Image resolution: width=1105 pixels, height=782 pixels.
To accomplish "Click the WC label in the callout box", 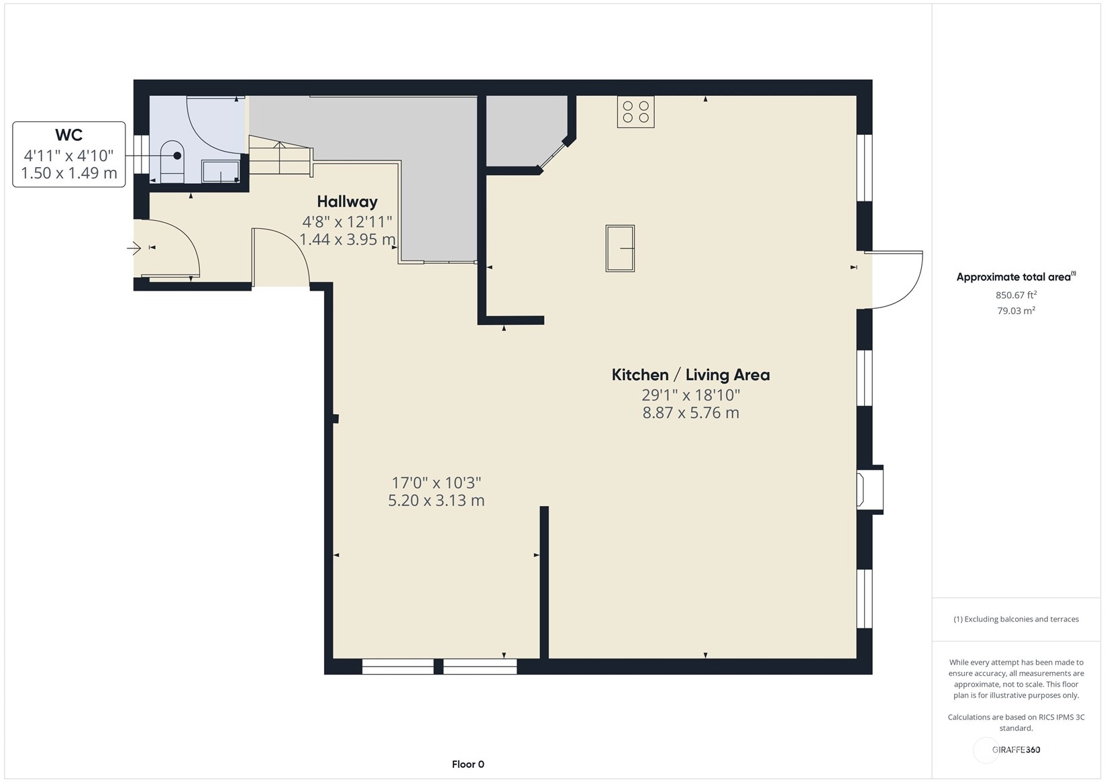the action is pos(68,135).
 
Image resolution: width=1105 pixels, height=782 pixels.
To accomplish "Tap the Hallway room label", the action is pos(348,201).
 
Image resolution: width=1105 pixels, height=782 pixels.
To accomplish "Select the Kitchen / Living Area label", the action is pos(690,375).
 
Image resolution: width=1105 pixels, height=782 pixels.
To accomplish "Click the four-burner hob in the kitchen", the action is pos(635,112).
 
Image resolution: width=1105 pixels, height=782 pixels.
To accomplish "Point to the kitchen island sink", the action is pos(620,248).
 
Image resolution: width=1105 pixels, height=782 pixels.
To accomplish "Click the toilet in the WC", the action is pos(172,162).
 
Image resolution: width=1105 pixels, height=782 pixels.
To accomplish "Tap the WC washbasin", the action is pos(221,170).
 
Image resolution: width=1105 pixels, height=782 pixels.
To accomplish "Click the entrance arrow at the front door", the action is pos(134,247).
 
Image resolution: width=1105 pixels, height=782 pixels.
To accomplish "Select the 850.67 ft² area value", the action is pos(1016,295).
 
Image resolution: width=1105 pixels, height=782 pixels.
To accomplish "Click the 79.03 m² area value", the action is pos(1016,311).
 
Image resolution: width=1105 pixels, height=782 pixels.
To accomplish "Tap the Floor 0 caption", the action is pos(468,765).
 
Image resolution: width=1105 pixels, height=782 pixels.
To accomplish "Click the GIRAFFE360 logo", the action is pos(1016,749).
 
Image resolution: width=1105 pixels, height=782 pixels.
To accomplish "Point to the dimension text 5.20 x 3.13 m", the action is pos(436,500).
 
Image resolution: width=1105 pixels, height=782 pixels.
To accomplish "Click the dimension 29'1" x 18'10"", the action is pos(690,395).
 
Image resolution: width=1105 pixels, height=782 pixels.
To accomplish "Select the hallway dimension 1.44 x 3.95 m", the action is pos(348,240).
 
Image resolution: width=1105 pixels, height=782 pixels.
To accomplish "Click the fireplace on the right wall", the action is pos(869,490).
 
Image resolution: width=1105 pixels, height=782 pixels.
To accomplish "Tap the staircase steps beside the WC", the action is pos(280,155).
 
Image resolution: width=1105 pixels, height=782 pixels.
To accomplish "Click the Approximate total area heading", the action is pos(1016,277).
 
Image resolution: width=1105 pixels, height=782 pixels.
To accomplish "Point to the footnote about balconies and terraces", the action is pos(1016,619).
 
